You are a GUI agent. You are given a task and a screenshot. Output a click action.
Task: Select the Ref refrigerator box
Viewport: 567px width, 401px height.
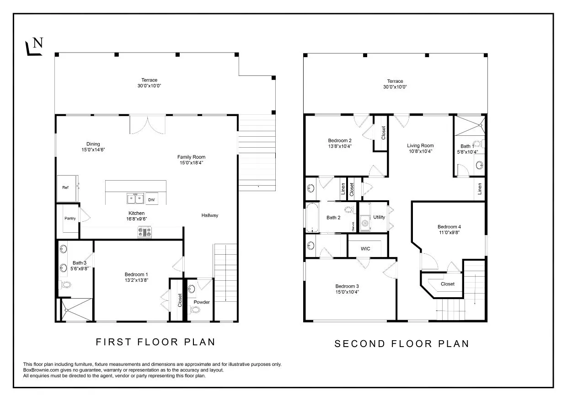click(65, 187)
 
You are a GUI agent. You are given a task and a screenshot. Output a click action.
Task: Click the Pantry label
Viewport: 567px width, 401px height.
click(70, 219)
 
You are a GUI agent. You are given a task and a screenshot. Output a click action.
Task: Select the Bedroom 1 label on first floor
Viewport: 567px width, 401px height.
click(136, 274)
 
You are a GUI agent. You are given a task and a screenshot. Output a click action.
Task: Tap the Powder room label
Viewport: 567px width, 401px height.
click(202, 302)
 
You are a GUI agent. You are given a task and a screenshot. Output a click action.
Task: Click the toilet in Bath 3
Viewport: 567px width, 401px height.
click(65, 285)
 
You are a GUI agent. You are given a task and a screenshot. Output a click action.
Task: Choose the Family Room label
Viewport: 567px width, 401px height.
click(191, 157)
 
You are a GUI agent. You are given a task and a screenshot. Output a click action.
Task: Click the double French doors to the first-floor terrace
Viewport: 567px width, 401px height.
click(147, 124)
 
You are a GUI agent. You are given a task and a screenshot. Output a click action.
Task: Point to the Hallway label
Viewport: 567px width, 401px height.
click(210, 215)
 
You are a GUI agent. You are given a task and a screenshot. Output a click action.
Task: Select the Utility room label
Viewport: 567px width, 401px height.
click(379, 217)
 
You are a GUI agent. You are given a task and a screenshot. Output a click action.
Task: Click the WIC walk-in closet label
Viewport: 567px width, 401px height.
click(365, 249)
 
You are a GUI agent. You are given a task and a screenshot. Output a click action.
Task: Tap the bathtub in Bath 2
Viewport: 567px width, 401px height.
click(312, 218)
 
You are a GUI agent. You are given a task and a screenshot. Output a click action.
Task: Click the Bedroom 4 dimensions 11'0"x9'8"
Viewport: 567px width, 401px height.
click(449, 232)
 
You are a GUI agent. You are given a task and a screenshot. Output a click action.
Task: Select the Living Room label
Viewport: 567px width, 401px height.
click(420, 146)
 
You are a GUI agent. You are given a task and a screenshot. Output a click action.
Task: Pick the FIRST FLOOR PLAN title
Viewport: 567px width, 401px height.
click(155, 342)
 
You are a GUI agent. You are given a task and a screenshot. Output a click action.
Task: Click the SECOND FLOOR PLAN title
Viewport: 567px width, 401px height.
click(401, 343)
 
